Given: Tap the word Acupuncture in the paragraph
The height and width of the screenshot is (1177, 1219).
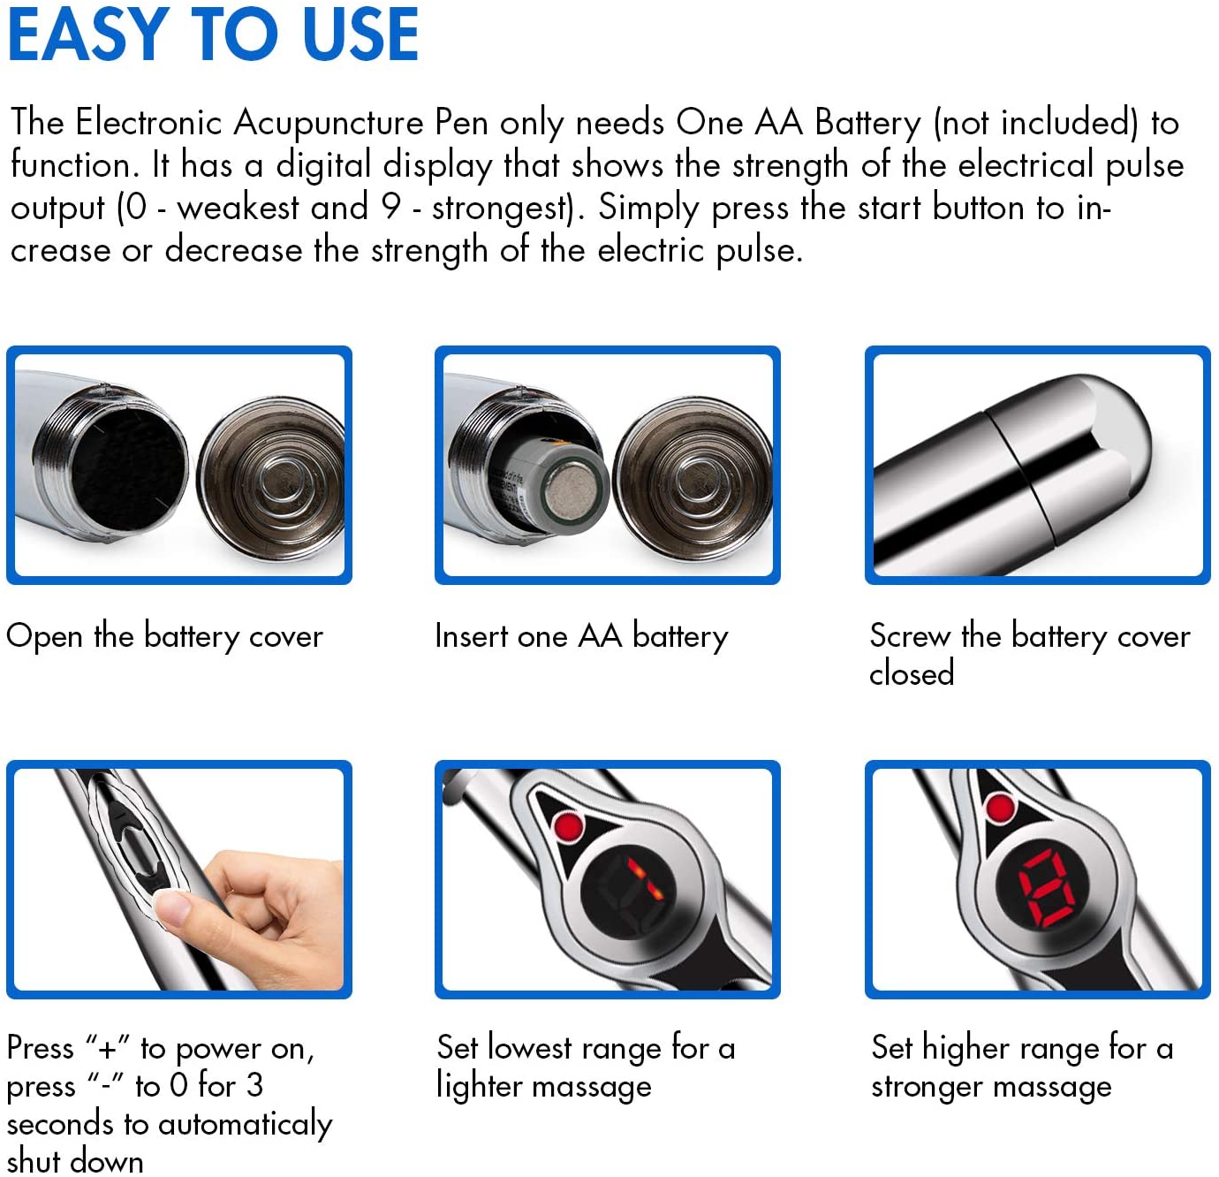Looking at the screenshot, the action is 329,124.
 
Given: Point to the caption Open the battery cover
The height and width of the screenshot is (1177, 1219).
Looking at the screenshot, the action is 165,637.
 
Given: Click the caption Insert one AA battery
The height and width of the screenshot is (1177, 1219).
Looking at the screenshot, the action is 581,637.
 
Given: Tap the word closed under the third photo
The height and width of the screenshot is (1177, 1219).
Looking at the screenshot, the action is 912,673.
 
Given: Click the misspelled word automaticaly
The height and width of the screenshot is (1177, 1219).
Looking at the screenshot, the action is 245,1124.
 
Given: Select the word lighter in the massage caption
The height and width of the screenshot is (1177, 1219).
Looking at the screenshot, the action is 478,1086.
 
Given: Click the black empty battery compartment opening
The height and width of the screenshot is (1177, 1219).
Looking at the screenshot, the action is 130,467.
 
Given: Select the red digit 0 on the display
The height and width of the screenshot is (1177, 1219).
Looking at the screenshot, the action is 1047,888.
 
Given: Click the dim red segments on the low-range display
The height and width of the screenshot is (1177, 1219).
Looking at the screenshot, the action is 645,879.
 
